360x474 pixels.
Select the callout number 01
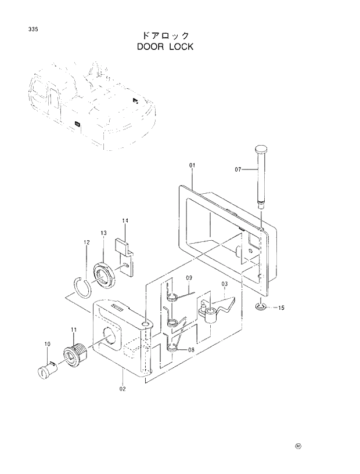[x=192, y=166]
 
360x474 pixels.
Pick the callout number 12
[x=86, y=243]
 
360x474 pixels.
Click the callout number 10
[x=48, y=345]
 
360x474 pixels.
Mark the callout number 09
[x=189, y=278]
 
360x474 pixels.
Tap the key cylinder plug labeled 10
[x=46, y=369]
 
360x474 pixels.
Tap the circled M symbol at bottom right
[x=298, y=446]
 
